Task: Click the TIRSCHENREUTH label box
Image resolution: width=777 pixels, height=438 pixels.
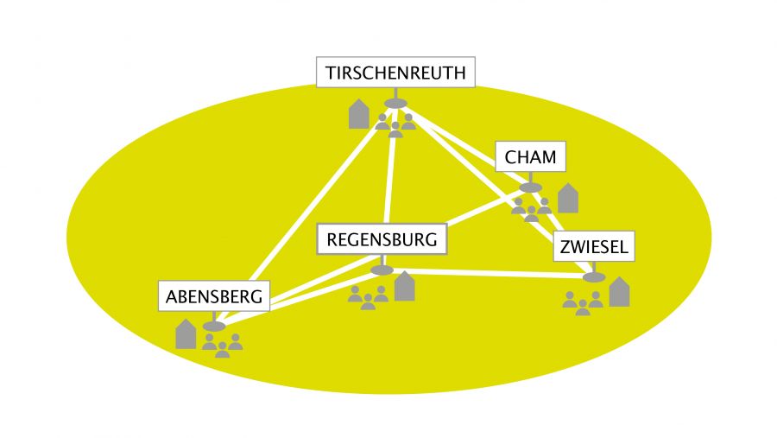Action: pos(396,73)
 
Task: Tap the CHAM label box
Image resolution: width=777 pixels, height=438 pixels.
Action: pos(530,158)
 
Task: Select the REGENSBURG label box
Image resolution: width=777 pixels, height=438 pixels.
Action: pos(382,239)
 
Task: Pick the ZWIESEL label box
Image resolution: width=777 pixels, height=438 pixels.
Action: pos(593,247)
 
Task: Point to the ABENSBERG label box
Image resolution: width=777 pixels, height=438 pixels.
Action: pos(213,296)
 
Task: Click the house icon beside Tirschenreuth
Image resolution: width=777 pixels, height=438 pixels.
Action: pos(359,114)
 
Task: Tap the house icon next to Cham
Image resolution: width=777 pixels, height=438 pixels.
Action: pos(567,198)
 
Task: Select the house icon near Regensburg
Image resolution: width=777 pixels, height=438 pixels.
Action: pos(404,286)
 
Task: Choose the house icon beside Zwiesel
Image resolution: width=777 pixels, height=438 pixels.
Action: pos(619,292)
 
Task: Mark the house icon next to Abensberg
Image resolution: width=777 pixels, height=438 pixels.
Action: pos(186,333)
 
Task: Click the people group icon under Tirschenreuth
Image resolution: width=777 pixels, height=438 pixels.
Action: pos(395,125)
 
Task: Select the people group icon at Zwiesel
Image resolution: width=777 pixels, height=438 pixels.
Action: pos(582,302)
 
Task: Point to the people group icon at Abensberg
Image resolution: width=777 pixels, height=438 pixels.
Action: pos(222,346)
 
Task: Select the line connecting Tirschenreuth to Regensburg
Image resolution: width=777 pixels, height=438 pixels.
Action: pos(390,173)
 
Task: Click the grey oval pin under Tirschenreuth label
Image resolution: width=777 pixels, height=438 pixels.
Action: pos(395,104)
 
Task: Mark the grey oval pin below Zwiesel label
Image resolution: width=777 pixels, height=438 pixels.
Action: pos(593,277)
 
